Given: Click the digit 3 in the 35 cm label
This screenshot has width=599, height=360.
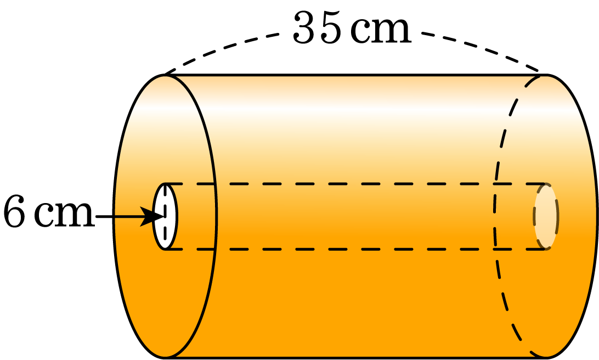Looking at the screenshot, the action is click(305, 28).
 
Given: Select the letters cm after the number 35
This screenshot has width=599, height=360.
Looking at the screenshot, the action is click(381, 31).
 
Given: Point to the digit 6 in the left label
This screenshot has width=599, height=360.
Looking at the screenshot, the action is click(15, 212).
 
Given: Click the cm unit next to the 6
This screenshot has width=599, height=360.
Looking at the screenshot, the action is click(65, 215).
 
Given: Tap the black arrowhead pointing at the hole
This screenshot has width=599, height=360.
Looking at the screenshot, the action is click(151, 217).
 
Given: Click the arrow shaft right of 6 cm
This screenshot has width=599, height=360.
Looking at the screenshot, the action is click(118, 217).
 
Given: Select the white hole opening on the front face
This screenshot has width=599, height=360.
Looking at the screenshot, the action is click(165, 217).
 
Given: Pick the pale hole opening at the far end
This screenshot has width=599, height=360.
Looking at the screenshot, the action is click(546, 217).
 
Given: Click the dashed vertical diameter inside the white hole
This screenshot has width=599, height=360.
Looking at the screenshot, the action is click(165, 217).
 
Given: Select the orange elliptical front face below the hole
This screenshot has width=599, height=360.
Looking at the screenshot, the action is click(165, 302).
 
